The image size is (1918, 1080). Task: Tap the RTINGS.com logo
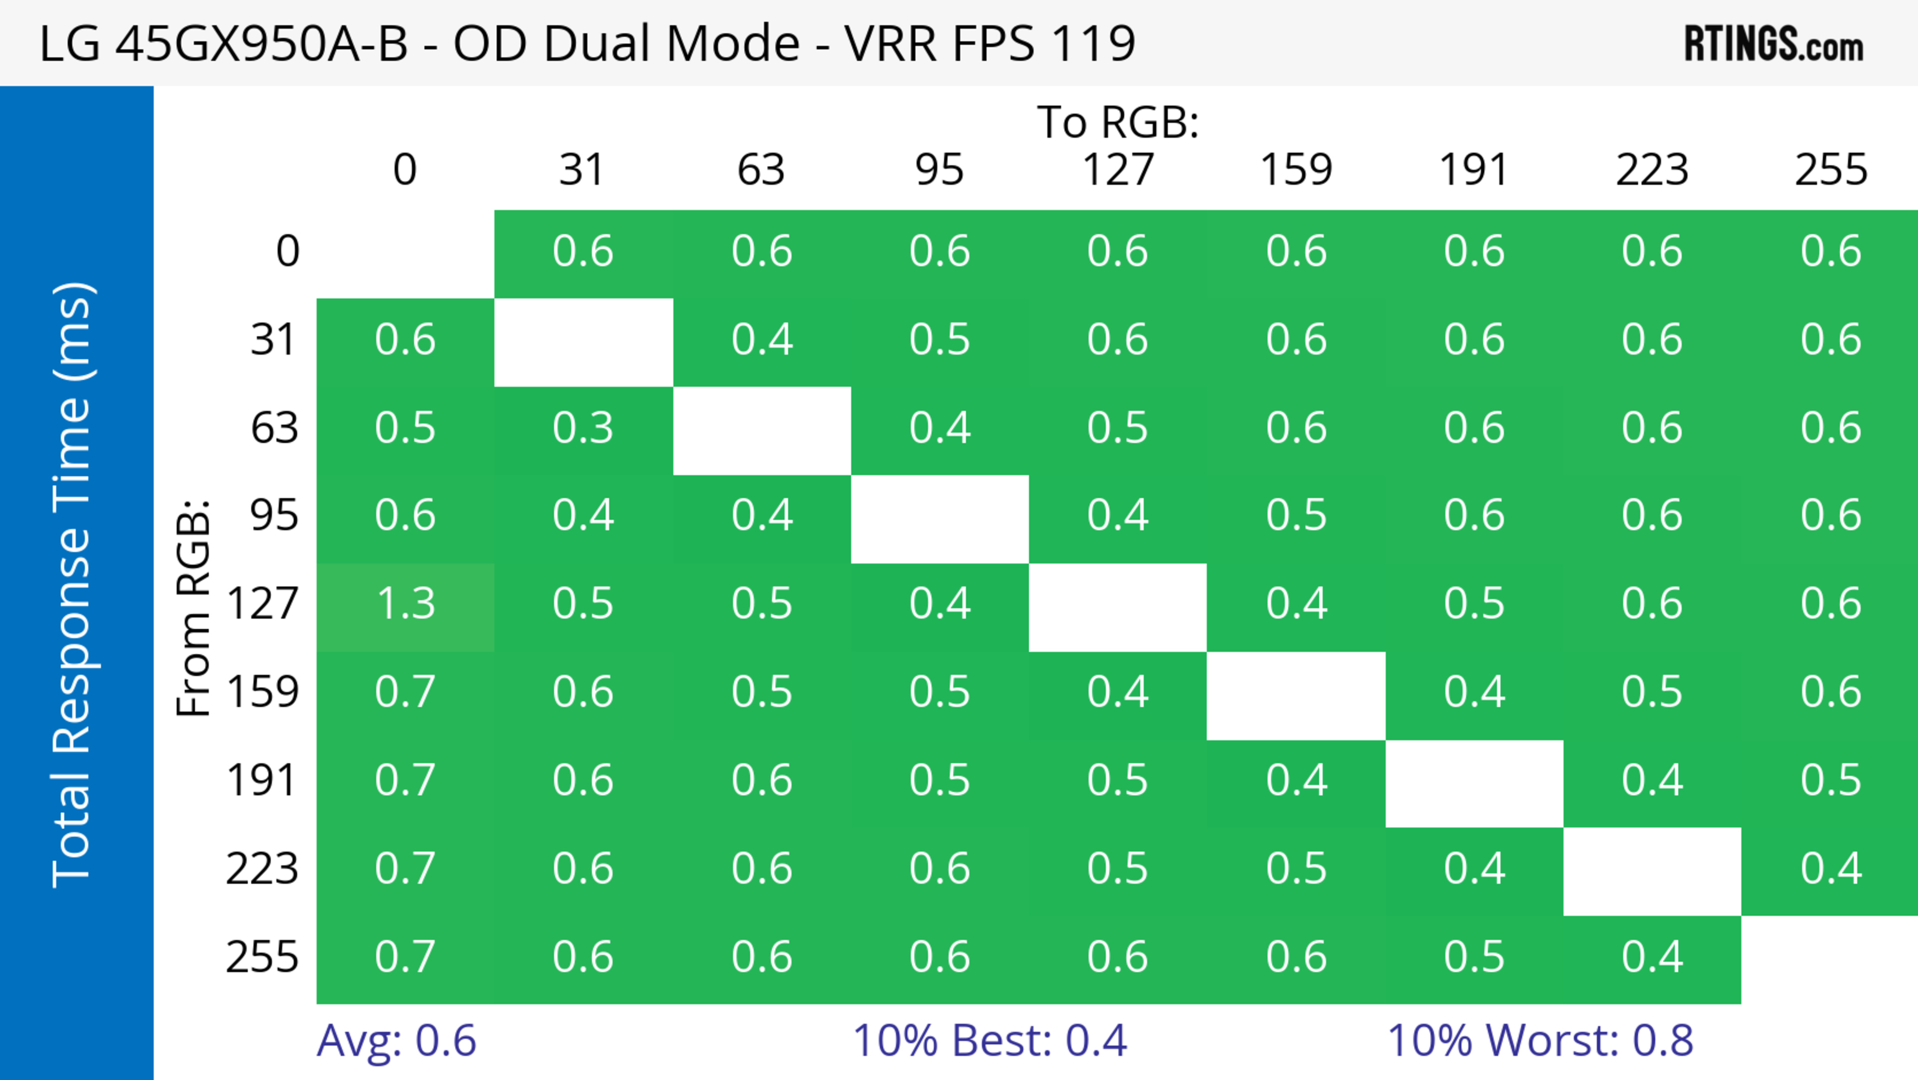(x=1774, y=44)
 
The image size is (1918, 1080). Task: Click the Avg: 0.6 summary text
(x=396, y=1041)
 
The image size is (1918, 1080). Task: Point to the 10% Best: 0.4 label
(x=989, y=1041)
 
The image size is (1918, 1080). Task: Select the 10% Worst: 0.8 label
(x=1540, y=1041)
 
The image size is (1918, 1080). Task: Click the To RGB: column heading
(x=1118, y=122)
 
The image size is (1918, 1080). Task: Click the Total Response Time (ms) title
(x=73, y=585)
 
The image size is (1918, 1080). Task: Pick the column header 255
(x=1831, y=170)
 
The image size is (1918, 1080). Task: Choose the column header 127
(x=1118, y=170)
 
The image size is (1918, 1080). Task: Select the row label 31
(x=274, y=340)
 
